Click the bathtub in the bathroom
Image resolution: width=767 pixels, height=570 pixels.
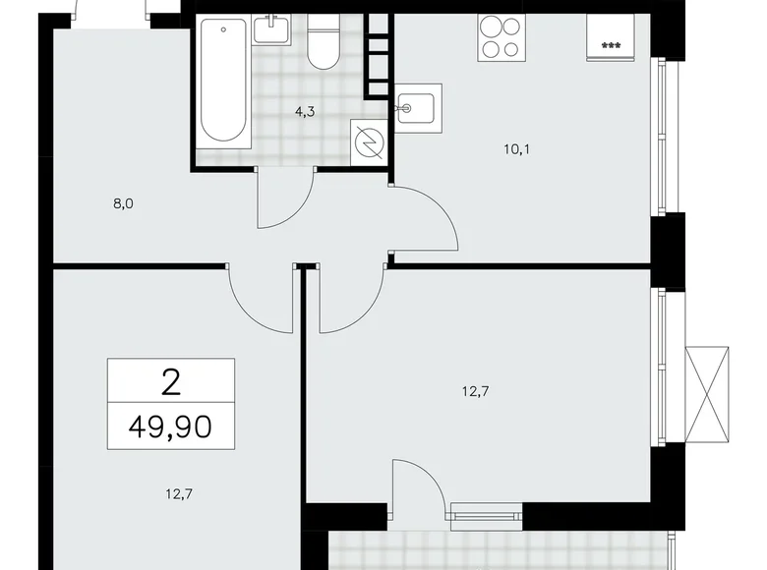point(223,82)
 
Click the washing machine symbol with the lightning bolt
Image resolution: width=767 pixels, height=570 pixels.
point(370,143)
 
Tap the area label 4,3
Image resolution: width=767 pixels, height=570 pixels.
point(305,111)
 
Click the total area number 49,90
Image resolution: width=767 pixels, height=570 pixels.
point(171,427)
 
